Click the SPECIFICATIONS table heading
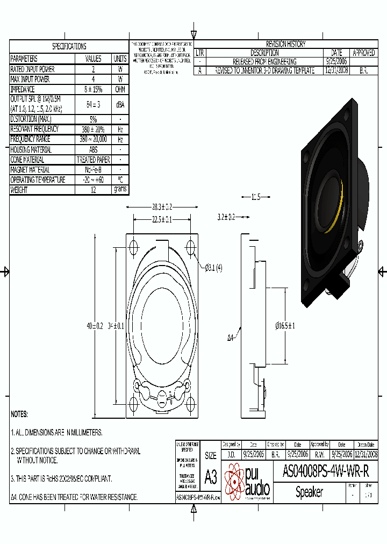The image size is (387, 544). pyautogui.click(x=69, y=46)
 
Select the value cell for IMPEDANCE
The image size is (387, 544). pyautogui.click(x=94, y=89)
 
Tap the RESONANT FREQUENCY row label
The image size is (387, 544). pyautogui.click(x=35, y=129)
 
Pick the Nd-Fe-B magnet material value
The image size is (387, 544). pyautogui.click(x=94, y=170)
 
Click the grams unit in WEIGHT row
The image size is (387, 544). pyautogui.click(x=120, y=190)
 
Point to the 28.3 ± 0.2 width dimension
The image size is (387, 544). pyautogui.click(x=161, y=206)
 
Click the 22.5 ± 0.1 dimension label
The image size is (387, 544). pyautogui.click(x=161, y=219)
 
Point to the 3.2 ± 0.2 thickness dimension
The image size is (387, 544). pyautogui.click(x=226, y=217)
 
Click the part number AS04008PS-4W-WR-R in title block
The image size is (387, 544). pyautogui.click(x=326, y=471)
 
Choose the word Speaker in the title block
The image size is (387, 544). pyautogui.click(x=310, y=492)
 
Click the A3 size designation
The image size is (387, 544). pyautogui.click(x=211, y=476)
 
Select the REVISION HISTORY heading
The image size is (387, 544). pyautogui.click(x=286, y=44)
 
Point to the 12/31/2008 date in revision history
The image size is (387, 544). pyautogui.click(x=337, y=70)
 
